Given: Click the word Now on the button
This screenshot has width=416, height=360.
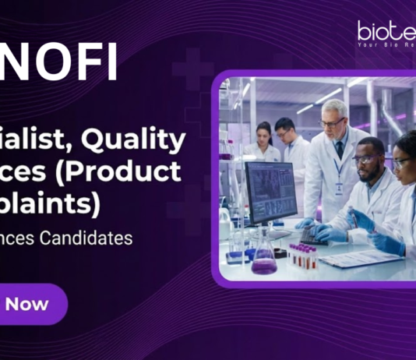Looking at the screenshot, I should [27, 304].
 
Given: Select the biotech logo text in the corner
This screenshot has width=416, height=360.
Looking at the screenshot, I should [386, 30].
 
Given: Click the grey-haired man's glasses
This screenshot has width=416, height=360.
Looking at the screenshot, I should [332, 122].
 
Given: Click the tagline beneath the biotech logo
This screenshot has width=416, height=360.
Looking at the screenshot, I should [386, 44].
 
